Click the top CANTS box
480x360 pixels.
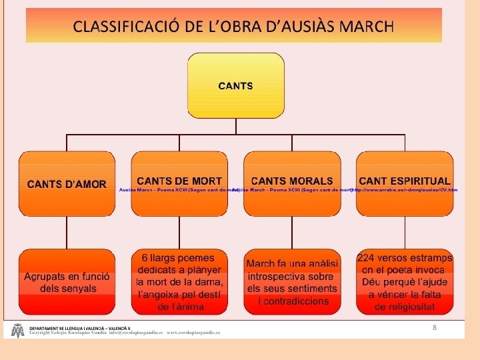click(235, 86)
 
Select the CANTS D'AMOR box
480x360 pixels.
click(67, 183)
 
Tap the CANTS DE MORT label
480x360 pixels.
click(179, 181)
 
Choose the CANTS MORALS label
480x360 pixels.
click(292, 181)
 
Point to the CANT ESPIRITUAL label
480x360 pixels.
click(405, 181)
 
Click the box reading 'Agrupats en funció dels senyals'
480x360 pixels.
click(67, 282)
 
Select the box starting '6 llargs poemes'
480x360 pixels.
click(179, 282)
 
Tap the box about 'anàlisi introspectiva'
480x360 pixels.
click(292, 282)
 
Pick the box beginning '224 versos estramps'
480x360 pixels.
click(405, 282)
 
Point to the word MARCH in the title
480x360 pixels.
click(366, 27)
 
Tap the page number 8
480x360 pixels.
click(435, 327)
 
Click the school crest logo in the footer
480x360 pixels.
click(17, 331)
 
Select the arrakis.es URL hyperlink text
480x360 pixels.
click(405, 190)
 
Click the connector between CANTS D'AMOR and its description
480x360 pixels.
click(67, 232)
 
